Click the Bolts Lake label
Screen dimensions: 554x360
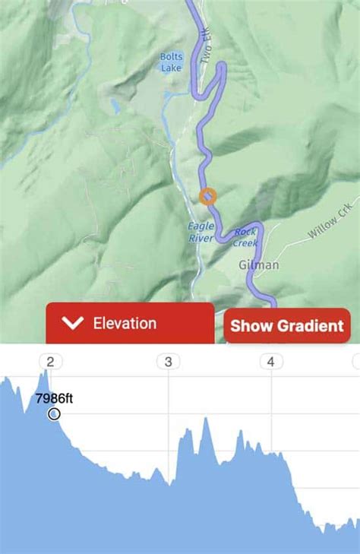tap(171, 61)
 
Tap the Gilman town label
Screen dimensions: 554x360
tap(259, 265)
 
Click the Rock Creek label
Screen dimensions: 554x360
tap(246, 237)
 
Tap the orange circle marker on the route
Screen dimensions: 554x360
tap(207, 196)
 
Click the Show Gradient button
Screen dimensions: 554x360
tap(287, 326)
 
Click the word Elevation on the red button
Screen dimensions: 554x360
tap(125, 323)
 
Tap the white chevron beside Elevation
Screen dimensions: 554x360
tap(73, 324)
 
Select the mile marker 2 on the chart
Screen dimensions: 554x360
tap(51, 362)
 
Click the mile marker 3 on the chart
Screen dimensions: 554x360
tap(168, 362)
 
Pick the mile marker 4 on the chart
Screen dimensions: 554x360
tap(270, 362)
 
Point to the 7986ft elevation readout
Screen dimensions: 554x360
tap(54, 397)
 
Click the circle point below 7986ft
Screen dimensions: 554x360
tap(54, 414)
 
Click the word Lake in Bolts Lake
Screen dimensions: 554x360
tap(171, 67)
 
